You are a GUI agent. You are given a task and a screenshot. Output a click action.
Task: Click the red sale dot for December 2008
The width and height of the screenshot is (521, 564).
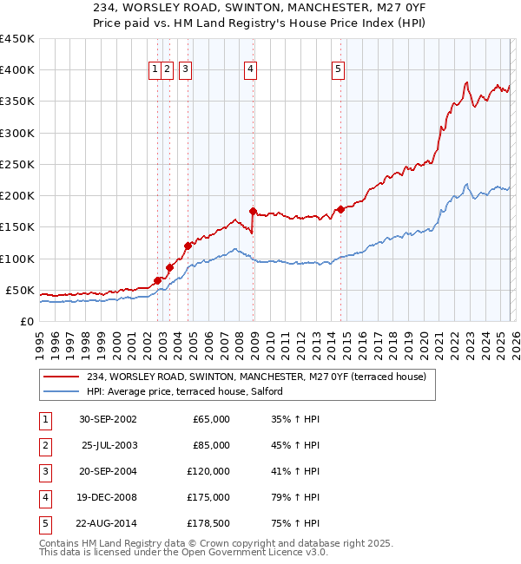253,211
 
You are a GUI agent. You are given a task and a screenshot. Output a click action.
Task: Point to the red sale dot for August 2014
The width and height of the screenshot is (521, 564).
340,209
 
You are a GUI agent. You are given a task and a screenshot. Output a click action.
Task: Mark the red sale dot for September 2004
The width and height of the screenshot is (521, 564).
188,246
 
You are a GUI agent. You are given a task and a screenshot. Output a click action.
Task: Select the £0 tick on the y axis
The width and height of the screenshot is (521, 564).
27,321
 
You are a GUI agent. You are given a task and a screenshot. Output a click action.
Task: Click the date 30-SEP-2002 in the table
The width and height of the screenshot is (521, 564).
108,419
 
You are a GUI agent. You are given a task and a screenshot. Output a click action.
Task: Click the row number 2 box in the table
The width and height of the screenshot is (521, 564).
44,445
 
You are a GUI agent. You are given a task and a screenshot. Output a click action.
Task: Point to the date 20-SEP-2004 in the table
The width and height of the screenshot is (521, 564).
108,471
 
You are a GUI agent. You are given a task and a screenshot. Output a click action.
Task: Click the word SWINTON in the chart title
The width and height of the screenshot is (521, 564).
234,7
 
